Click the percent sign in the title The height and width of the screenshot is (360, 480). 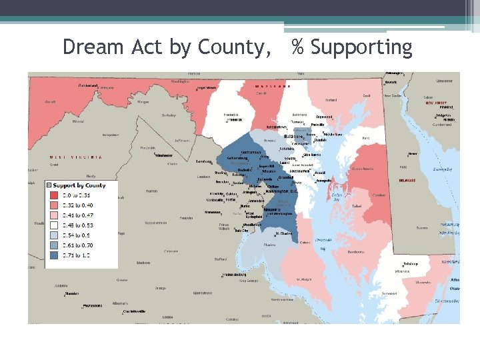click(x=298, y=47)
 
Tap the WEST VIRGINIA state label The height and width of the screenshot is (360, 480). click(x=76, y=157)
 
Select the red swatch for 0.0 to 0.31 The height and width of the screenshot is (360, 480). click(x=54, y=195)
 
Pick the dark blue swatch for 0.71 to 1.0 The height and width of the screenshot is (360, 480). click(x=54, y=255)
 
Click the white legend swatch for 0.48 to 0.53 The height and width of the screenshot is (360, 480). click(x=54, y=225)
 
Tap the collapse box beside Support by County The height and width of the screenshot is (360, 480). click(x=48, y=185)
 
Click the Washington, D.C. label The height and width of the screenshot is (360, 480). click(x=285, y=191)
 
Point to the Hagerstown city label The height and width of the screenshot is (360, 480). click(x=207, y=87)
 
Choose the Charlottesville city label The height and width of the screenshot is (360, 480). click(x=134, y=311)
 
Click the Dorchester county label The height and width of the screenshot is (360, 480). click(x=356, y=251)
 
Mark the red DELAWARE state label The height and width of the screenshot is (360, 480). click(x=407, y=180)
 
